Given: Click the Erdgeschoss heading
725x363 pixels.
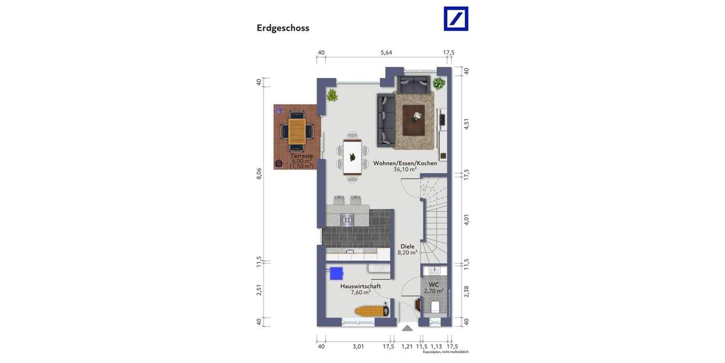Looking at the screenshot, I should tap(283, 28).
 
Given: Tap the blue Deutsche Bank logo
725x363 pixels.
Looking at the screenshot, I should tap(456, 19).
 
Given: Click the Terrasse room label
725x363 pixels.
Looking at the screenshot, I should tap(300, 156).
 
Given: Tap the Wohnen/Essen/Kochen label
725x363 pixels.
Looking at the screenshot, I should tap(405, 163).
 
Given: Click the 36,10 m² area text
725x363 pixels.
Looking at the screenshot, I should tap(405, 170).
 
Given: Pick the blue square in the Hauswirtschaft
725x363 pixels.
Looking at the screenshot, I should tap(335, 273).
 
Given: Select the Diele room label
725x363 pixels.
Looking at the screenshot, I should tap(408, 246).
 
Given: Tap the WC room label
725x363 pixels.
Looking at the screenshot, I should tap(434, 284).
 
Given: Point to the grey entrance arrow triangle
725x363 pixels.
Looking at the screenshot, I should tap(407, 329).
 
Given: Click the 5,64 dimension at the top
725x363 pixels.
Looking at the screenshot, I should tap(386, 53).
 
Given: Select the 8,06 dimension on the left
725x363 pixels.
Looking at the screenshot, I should tap(259, 174).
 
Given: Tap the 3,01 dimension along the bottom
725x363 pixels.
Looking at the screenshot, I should tap(358, 347).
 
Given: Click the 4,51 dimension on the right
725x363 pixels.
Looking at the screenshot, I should tap(466, 124).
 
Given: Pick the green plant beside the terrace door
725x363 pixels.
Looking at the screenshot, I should tap(332, 95).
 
